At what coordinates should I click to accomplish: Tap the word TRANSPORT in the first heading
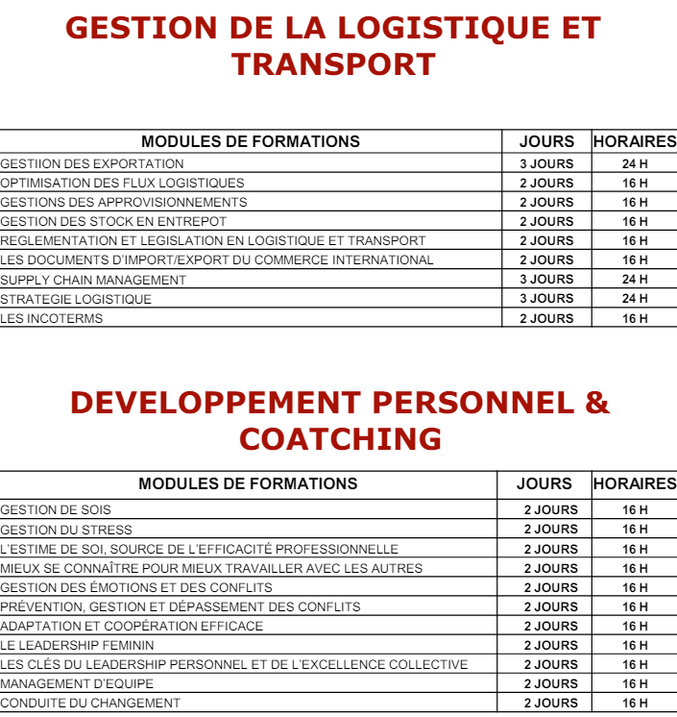click(333, 64)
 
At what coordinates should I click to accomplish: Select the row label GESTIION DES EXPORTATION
click(92, 164)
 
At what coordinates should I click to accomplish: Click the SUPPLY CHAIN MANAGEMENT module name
click(93, 280)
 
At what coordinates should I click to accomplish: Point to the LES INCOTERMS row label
click(51, 318)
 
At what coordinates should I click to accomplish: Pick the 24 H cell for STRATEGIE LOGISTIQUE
click(635, 299)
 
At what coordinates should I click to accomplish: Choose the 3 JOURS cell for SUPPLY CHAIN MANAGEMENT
click(546, 280)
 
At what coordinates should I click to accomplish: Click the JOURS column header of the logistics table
click(546, 141)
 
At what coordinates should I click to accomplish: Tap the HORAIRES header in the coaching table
click(635, 483)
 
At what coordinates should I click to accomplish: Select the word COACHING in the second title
click(340, 439)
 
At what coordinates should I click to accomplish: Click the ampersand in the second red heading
click(596, 402)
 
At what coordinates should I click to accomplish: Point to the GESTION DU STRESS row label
click(66, 530)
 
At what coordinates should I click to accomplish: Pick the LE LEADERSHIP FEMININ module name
click(77, 645)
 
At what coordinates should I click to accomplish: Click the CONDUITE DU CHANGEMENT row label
click(90, 703)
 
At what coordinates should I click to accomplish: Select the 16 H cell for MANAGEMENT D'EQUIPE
click(635, 683)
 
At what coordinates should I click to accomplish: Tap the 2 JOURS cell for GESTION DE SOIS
click(550, 510)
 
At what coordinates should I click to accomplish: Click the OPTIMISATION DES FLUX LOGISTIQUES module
click(122, 184)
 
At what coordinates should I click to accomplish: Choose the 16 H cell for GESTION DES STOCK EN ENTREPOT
click(635, 222)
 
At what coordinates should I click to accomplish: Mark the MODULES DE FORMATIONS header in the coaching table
click(248, 483)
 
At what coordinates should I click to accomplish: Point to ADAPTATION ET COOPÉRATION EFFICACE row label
click(132, 626)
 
